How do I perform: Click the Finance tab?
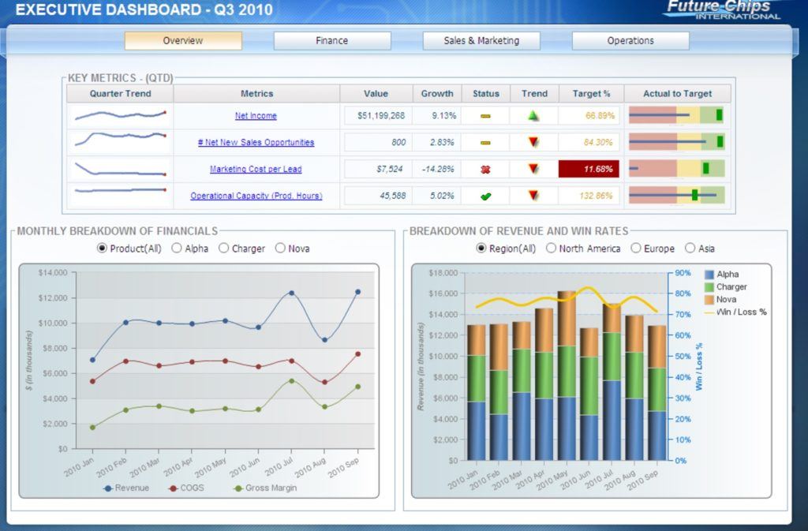click(331, 41)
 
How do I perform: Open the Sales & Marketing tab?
click(481, 41)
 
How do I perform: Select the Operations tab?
click(630, 41)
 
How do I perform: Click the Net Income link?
click(256, 116)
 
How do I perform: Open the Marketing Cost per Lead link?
click(256, 169)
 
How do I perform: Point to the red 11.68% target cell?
click(589, 169)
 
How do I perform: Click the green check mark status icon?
click(485, 196)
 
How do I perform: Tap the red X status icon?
click(485, 169)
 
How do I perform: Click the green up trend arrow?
click(534, 116)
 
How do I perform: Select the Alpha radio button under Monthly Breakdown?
click(177, 249)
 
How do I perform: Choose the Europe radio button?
click(636, 249)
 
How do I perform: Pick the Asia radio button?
click(690, 249)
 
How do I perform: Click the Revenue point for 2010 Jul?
click(291, 293)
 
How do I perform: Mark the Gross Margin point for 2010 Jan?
click(92, 428)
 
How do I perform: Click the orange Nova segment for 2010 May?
click(567, 319)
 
